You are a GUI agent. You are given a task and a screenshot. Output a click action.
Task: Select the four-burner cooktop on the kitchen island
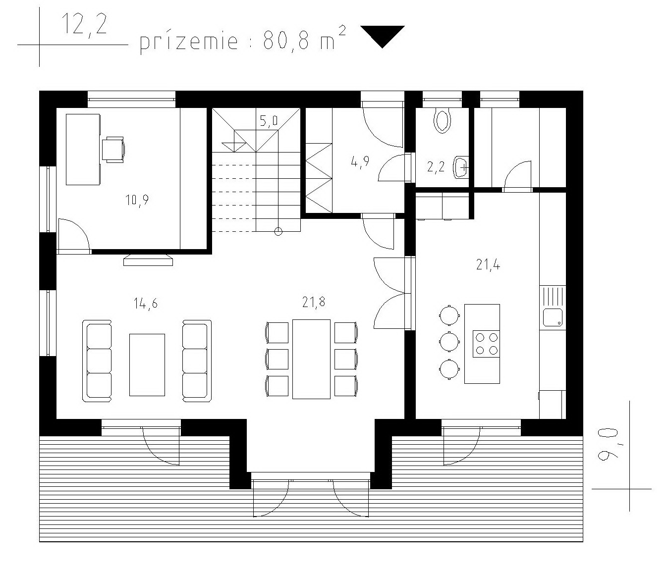[486, 344]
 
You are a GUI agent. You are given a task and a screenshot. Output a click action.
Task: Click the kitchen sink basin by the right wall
[553, 317]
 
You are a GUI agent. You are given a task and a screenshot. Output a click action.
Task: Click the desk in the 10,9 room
[83, 150]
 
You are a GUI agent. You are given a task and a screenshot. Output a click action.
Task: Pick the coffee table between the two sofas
[147, 365]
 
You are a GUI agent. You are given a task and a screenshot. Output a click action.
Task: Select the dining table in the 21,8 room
[311, 359]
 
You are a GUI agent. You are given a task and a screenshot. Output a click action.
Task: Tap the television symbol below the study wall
[148, 260]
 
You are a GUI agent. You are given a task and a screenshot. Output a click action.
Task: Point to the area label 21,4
[488, 265]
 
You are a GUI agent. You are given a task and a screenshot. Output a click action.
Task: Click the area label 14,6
[145, 304]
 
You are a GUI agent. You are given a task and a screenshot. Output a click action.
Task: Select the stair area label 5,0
[269, 121]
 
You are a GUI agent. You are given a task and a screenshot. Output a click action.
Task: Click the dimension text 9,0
[608, 444]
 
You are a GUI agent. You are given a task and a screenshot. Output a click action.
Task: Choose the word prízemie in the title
[189, 42]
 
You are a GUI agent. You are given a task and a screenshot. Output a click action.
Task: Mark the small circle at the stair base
[278, 232]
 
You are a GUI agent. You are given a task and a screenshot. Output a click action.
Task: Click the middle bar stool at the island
[449, 341]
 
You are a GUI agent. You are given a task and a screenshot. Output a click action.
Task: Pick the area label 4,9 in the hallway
[360, 161]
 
